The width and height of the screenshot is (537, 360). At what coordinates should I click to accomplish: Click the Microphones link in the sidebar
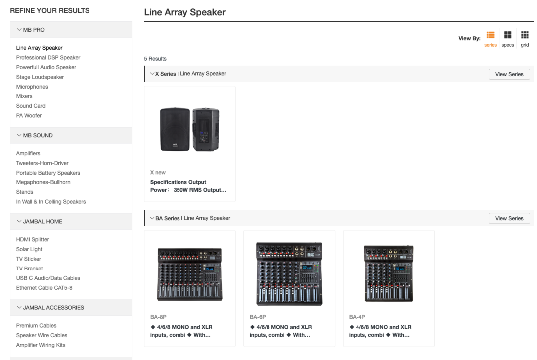coord(32,87)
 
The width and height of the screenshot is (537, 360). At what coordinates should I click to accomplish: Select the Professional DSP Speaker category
coord(48,58)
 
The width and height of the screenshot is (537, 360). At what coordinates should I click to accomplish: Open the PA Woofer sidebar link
coord(29,116)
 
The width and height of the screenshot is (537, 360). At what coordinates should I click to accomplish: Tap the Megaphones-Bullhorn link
coord(43,182)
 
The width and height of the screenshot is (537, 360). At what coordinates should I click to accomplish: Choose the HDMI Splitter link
coord(33,240)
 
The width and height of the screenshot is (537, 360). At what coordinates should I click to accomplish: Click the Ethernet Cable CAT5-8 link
coord(44,288)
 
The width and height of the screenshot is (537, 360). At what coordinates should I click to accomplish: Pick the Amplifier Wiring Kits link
coord(41,345)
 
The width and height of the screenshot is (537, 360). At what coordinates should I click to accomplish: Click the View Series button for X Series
coord(509,74)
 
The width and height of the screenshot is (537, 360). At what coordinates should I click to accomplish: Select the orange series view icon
coord(491,35)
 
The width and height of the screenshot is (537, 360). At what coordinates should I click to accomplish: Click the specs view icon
coord(508,35)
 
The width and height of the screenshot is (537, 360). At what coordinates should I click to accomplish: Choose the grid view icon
coord(525,35)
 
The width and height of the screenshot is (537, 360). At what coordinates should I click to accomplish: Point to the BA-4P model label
coord(357,316)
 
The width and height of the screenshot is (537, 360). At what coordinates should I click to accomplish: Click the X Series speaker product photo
coord(189,129)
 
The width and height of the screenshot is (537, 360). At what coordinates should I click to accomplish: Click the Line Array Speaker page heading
coord(184,12)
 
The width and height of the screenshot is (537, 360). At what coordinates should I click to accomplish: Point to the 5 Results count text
coord(155,59)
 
